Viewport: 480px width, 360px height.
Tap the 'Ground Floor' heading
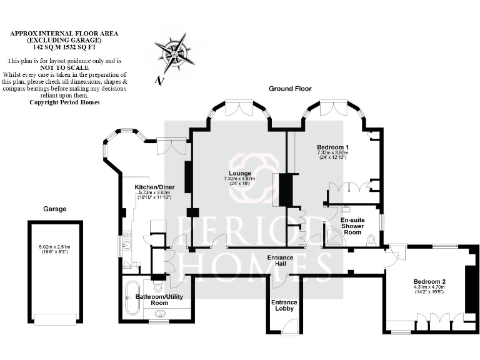tap(290, 89)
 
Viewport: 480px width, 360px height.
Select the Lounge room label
tap(239, 173)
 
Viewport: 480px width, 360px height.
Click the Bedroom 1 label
tap(332, 147)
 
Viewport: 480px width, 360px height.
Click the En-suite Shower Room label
tap(353, 226)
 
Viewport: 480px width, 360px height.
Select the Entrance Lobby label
tap(284, 306)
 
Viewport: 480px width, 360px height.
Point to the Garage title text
tap(54, 209)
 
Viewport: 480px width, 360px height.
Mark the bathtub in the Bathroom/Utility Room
tap(132, 298)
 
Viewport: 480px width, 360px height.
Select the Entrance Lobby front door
tap(290, 327)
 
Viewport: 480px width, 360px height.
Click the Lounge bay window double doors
tap(239, 109)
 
